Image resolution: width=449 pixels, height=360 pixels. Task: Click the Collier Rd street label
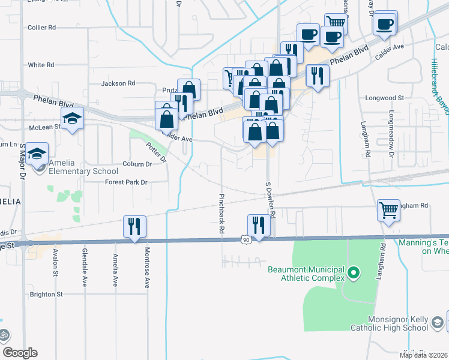pyautogui.click(x=41, y=28)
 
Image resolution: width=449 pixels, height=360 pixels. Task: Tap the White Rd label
pyautogui.click(x=41, y=65)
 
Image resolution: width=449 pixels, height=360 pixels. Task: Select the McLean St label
pyautogui.click(x=46, y=127)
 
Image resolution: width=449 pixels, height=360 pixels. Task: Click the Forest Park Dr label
pyautogui.click(x=127, y=182)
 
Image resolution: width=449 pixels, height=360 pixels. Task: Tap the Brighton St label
pyautogui.click(x=46, y=295)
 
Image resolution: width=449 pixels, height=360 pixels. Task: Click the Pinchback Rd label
pyautogui.click(x=221, y=213)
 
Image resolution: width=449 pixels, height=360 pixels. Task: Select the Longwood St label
pyautogui.click(x=385, y=97)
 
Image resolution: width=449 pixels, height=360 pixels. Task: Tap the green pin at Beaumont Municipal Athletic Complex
pyautogui.click(x=354, y=274)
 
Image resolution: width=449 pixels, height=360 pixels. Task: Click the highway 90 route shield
pyautogui.click(x=246, y=240)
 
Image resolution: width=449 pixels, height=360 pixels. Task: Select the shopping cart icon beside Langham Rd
pyautogui.click(x=388, y=211)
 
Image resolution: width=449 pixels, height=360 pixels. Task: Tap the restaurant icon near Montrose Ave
pyautogui.click(x=134, y=226)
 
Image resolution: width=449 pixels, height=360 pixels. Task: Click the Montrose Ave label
pyautogui.click(x=146, y=270)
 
